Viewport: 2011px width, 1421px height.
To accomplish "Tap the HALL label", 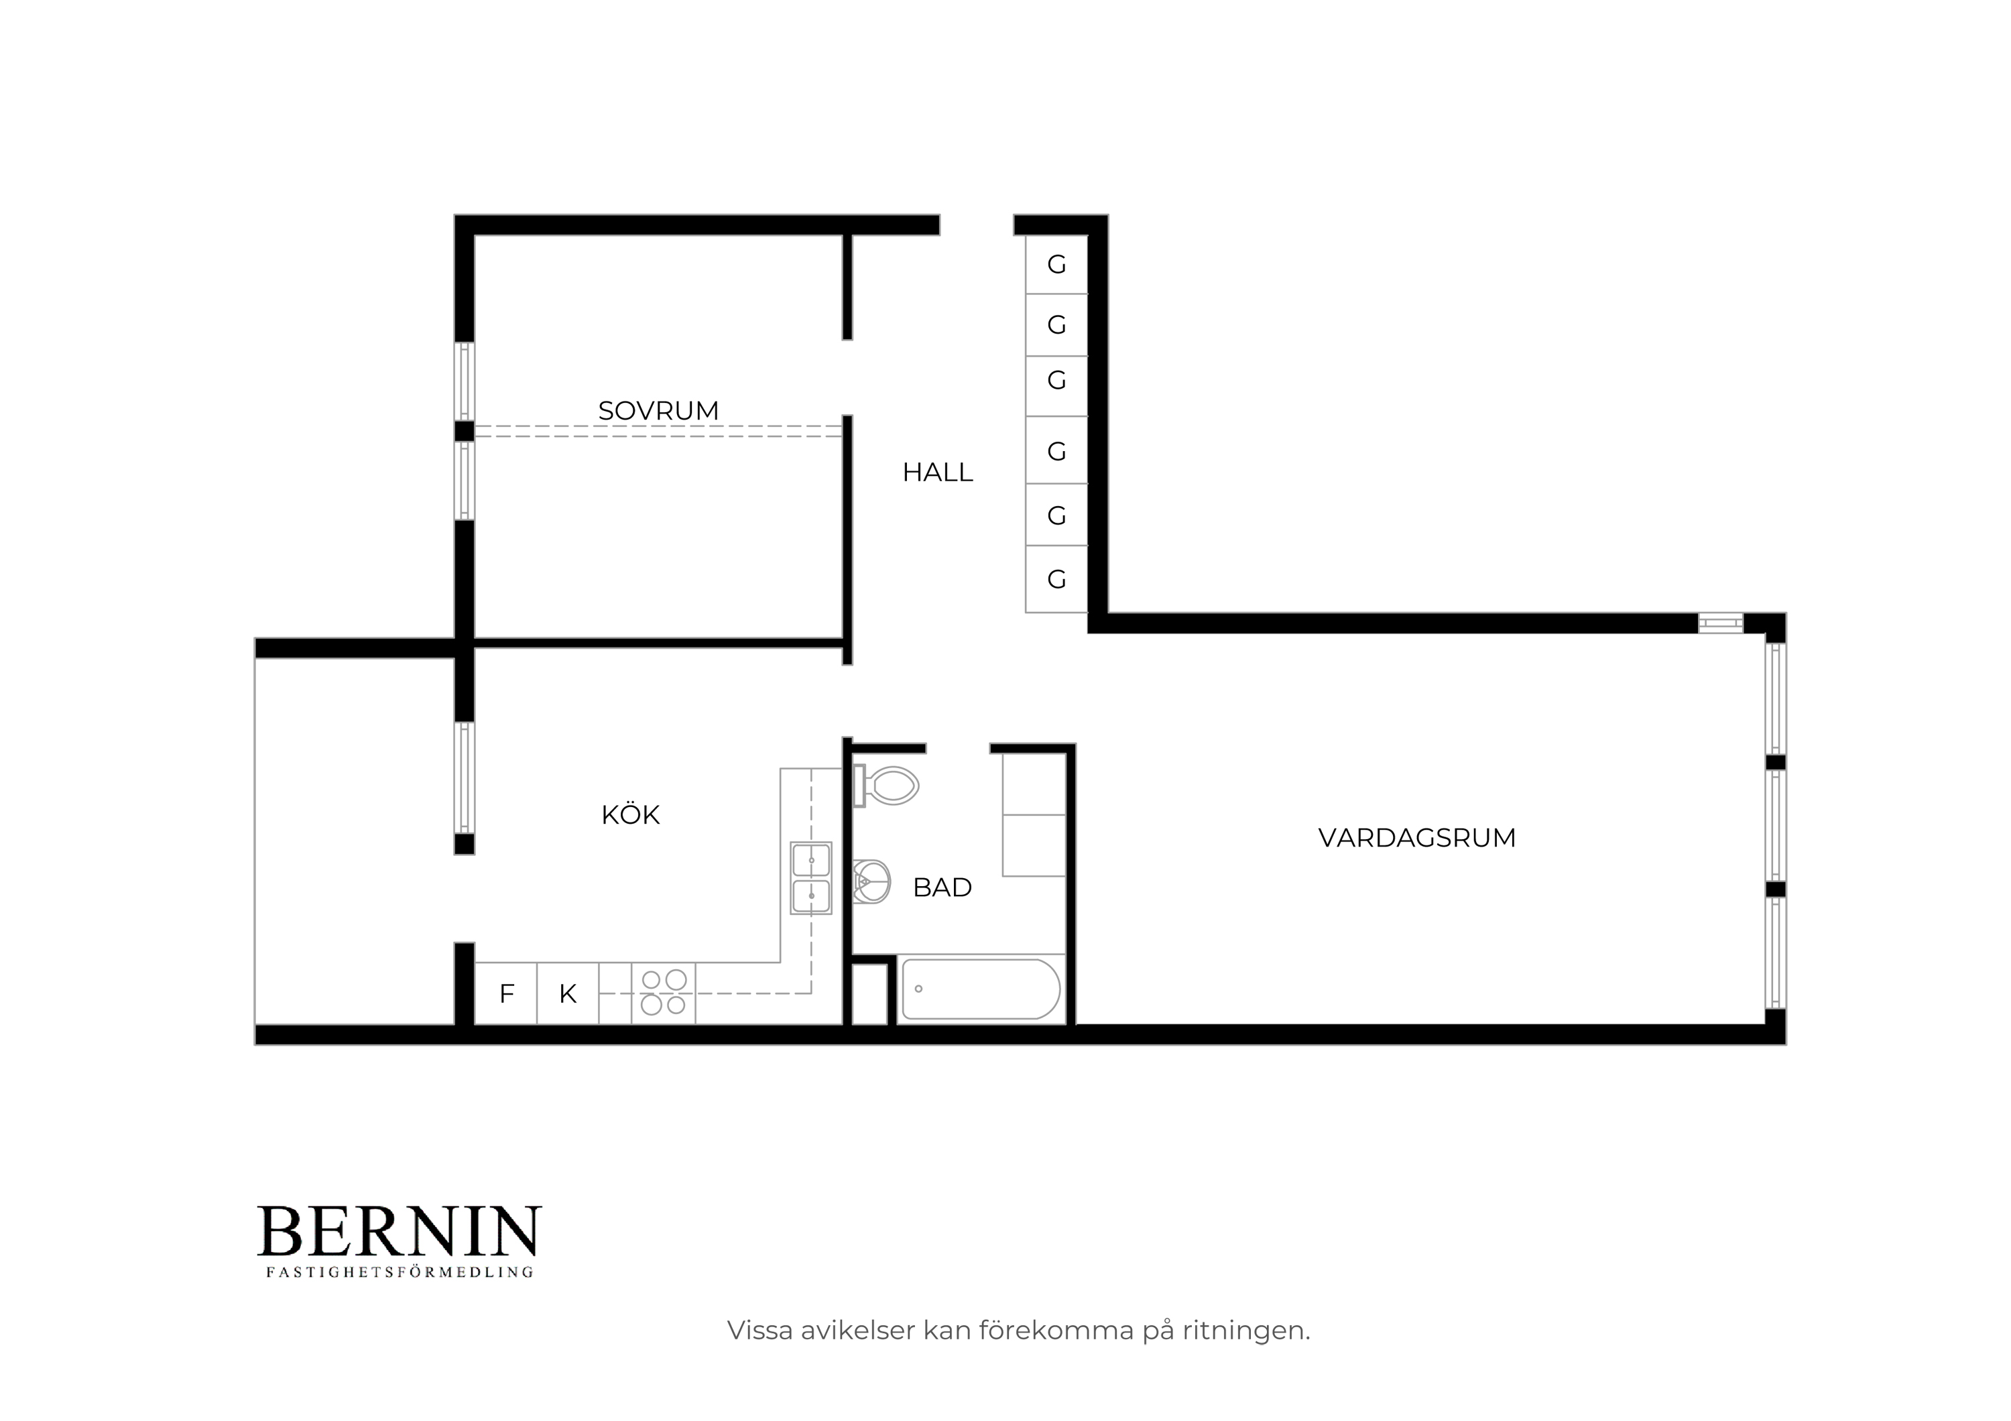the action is (937, 473).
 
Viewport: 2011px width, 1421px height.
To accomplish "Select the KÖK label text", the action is (629, 814).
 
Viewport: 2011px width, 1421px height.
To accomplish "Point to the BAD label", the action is (942, 888).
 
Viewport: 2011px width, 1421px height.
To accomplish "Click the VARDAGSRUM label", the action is (1416, 838).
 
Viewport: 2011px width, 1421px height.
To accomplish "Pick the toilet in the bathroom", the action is (886, 786).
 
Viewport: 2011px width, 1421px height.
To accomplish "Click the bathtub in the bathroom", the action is (981, 989).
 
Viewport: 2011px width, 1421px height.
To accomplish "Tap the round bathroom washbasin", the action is (871, 881).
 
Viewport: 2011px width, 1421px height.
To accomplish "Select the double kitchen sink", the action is (811, 878).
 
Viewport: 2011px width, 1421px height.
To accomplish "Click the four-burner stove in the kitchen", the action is (663, 993).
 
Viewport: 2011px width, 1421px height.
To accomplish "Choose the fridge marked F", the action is (505, 993).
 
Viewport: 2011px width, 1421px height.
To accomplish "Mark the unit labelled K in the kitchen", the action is (568, 993).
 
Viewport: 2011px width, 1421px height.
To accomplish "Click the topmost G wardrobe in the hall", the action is (1056, 264).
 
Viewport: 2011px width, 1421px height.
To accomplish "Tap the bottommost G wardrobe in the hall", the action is (1056, 578).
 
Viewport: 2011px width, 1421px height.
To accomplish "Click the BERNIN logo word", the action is (399, 1231).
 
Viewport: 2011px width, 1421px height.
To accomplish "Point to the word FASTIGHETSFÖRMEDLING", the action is (400, 1272).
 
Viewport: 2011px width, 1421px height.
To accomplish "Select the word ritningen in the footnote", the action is (1245, 1331).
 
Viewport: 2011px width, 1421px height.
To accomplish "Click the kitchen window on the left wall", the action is (465, 778).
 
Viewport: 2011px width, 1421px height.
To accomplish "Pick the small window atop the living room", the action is (1721, 623).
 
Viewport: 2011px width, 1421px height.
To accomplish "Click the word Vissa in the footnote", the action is (759, 1331).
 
